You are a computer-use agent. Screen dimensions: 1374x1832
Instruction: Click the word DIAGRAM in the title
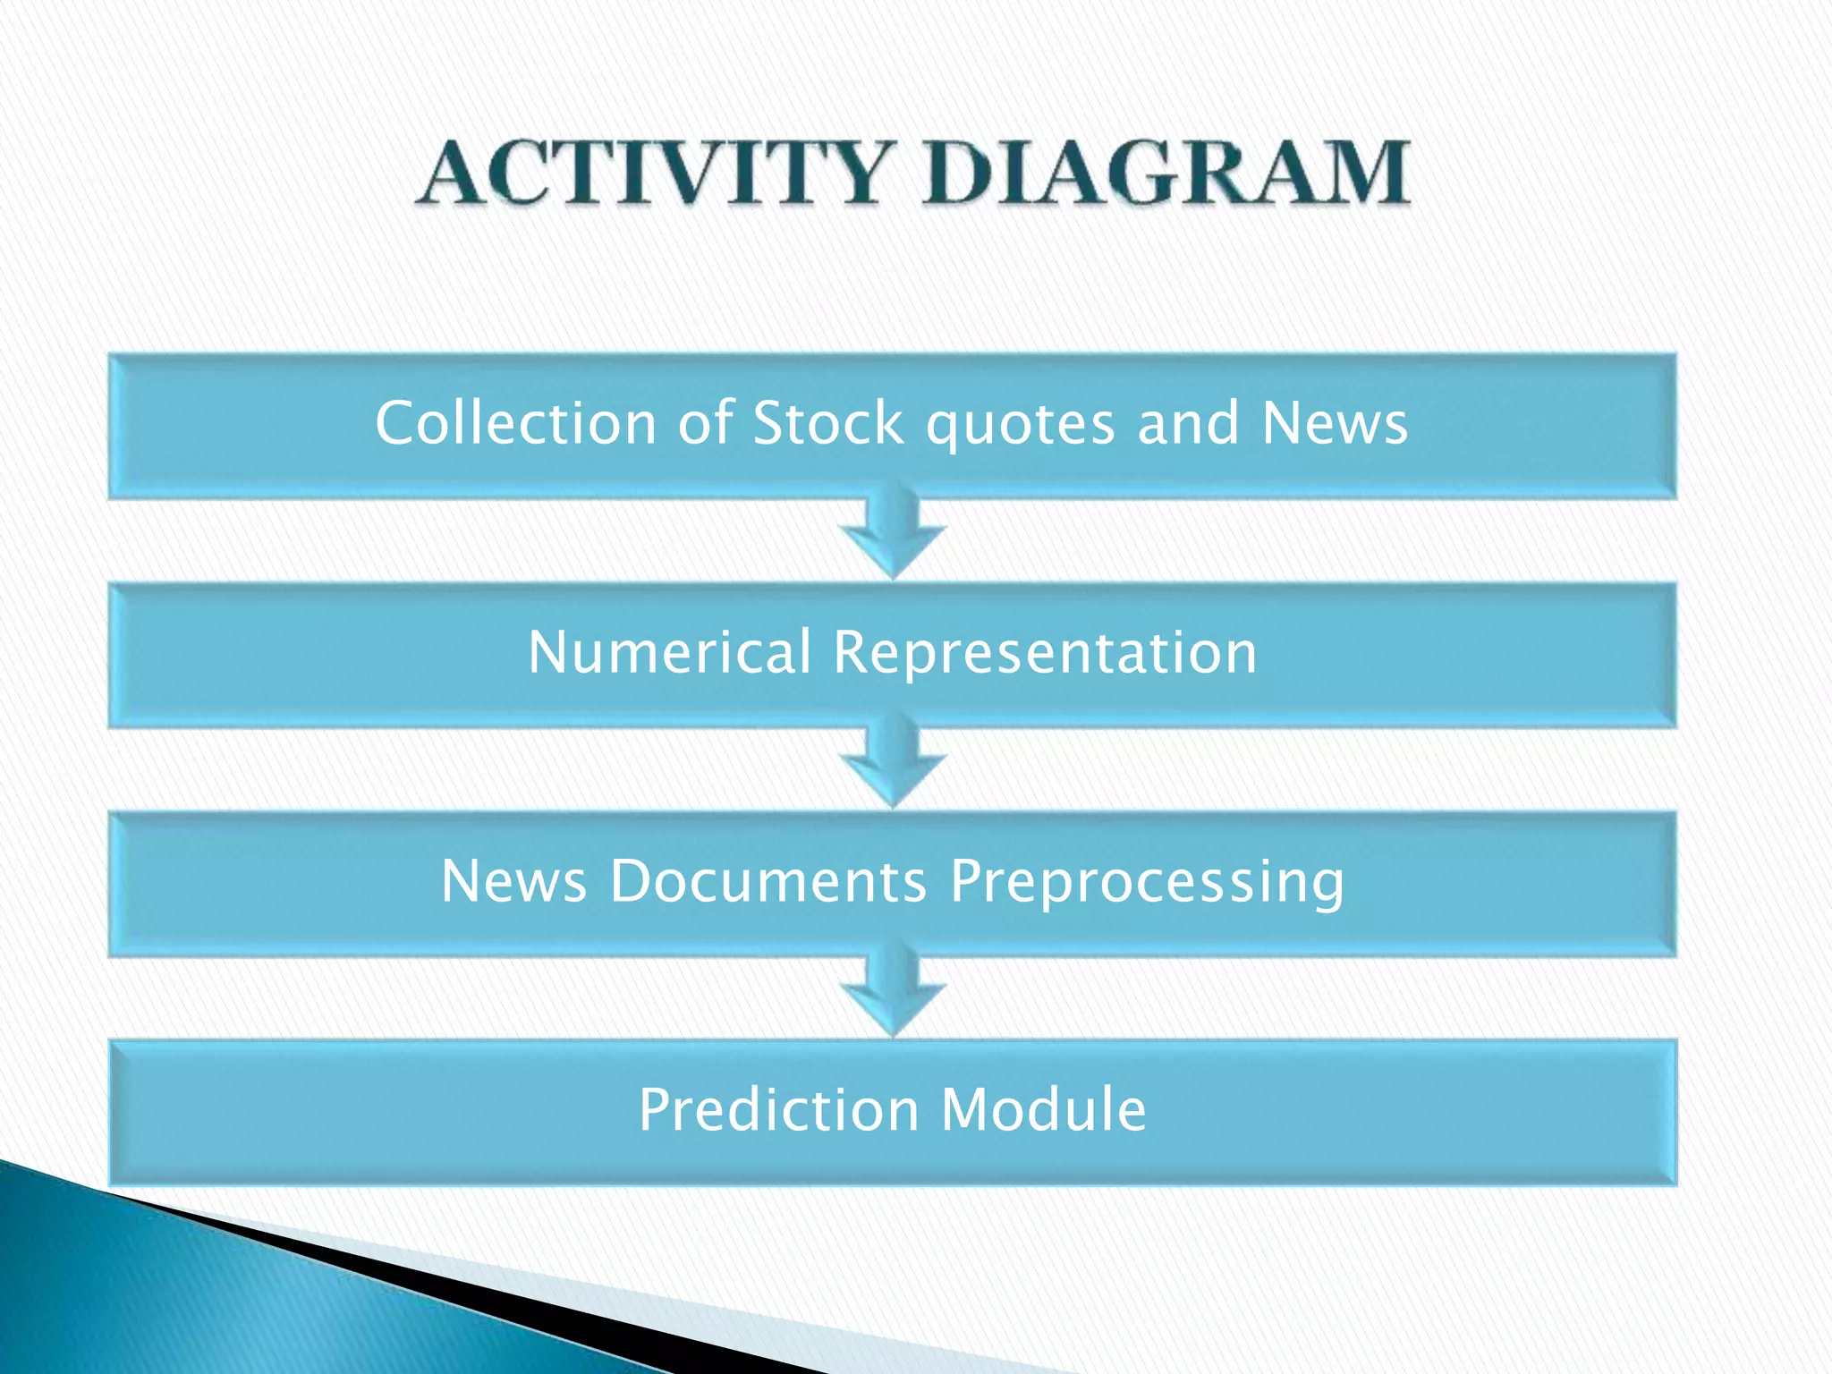click(1166, 173)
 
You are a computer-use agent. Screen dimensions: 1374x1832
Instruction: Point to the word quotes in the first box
click(1020, 424)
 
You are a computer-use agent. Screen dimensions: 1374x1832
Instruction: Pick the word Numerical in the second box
click(669, 651)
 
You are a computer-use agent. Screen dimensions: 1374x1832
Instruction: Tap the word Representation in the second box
click(1045, 653)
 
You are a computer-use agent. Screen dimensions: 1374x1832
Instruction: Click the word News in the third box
click(513, 881)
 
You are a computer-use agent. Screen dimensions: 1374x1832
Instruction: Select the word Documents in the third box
click(768, 881)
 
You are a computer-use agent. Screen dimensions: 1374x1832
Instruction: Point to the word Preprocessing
click(1147, 883)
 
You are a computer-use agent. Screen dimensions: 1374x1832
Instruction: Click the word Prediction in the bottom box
click(778, 1110)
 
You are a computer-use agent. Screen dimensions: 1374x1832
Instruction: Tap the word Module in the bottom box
click(1043, 1110)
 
